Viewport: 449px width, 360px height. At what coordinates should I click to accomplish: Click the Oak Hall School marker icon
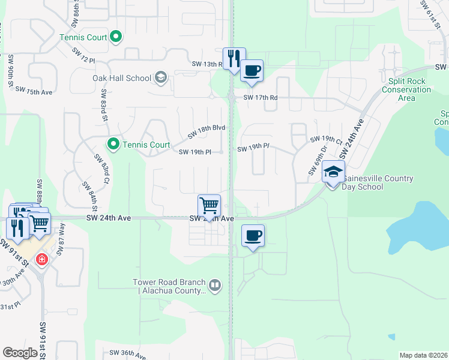click(x=161, y=77)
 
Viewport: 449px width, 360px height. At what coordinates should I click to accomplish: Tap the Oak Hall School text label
click(x=122, y=78)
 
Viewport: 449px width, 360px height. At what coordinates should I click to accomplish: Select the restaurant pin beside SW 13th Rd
click(x=234, y=59)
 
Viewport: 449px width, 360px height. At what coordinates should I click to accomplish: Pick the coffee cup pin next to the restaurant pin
click(x=252, y=71)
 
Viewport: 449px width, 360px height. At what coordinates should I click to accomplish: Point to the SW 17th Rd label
click(x=261, y=98)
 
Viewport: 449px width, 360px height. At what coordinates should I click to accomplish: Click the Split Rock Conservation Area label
click(x=407, y=89)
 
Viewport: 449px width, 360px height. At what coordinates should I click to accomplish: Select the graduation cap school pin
click(x=333, y=172)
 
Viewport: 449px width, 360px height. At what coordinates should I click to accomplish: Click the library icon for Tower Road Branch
click(x=215, y=284)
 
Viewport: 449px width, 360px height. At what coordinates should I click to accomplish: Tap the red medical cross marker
click(x=41, y=260)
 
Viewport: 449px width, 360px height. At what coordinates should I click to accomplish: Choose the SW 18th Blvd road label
click(x=206, y=131)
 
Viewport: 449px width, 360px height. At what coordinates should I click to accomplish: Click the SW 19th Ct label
click(x=326, y=139)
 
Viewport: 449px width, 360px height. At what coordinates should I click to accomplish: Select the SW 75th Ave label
click(x=34, y=91)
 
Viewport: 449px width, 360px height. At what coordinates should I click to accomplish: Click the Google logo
click(x=20, y=353)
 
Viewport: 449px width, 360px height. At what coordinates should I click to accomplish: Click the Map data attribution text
click(x=423, y=355)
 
